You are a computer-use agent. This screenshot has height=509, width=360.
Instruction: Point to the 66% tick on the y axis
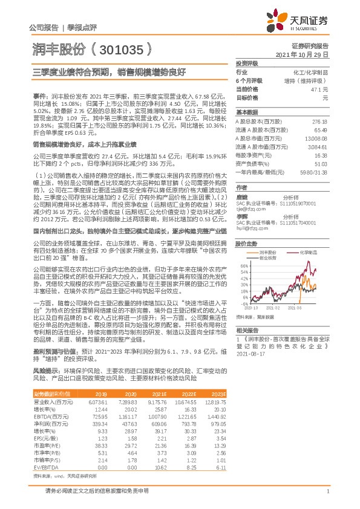(x=244, y=265)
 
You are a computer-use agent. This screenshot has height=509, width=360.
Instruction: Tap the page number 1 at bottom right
(x=327, y=491)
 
